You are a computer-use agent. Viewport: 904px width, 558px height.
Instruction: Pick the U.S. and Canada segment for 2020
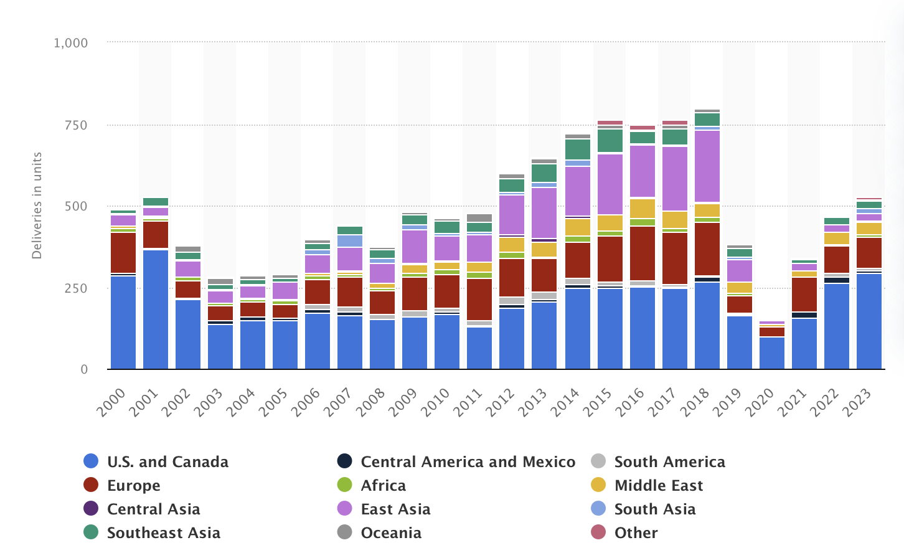click(772, 353)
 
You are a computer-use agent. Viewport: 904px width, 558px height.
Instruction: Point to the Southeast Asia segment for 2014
click(578, 149)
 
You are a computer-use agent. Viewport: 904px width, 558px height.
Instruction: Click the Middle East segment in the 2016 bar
click(643, 209)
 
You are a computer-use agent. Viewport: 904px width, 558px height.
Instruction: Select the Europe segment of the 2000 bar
click(123, 253)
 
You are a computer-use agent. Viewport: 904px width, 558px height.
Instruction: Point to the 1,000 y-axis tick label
click(70, 43)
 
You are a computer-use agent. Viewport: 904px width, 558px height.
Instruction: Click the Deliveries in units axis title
click(37, 206)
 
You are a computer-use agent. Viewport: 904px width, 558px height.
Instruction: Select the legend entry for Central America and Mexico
click(468, 462)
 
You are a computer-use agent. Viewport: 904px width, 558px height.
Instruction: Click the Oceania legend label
click(391, 533)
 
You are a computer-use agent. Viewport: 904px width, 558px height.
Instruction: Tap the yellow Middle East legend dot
click(598, 485)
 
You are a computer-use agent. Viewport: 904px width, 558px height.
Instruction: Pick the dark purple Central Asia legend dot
click(91, 509)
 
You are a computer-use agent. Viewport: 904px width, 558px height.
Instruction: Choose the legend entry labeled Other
click(636, 533)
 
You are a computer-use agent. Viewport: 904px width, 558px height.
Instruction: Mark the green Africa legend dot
click(345, 485)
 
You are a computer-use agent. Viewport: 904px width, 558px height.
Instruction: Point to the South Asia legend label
click(655, 509)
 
